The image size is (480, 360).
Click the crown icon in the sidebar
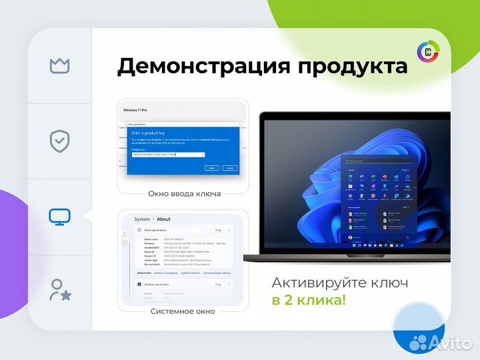click(x=60, y=65)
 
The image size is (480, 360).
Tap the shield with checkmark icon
click(x=60, y=141)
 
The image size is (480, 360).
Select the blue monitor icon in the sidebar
click(x=60, y=217)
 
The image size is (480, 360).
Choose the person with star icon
click(x=60, y=290)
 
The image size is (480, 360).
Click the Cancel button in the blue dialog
click(x=231, y=169)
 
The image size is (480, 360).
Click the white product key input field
click(x=167, y=155)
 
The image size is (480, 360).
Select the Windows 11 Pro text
click(x=136, y=109)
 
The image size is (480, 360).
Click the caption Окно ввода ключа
click(x=183, y=194)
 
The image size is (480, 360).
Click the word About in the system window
click(x=163, y=219)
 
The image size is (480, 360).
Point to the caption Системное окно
click(x=183, y=311)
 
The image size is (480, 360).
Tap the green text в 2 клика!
click(x=309, y=300)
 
